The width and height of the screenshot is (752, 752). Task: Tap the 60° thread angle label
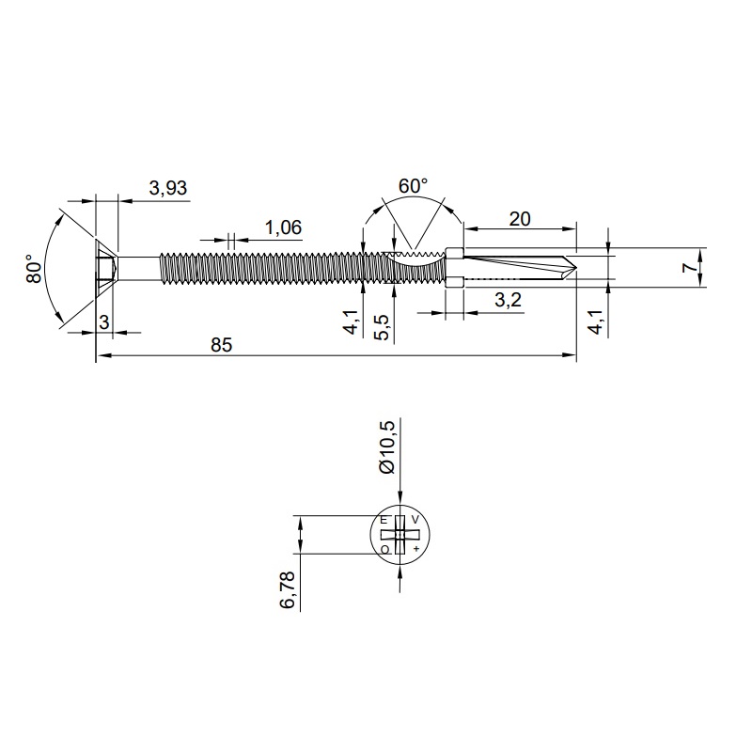[x=413, y=186]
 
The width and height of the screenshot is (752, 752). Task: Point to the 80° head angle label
[x=35, y=269]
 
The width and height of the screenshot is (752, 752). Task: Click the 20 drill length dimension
[x=519, y=218]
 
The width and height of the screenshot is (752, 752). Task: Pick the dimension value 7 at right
[x=690, y=268]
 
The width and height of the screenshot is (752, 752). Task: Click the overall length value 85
[x=220, y=345]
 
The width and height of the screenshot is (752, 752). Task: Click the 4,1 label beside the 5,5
[x=352, y=322]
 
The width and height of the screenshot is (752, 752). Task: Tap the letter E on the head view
[x=384, y=520]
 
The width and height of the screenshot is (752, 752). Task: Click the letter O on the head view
[x=384, y=548]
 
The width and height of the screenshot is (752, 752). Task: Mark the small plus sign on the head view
[x=415, y=548]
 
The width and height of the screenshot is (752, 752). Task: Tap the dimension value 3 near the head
[x=104, y=322]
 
